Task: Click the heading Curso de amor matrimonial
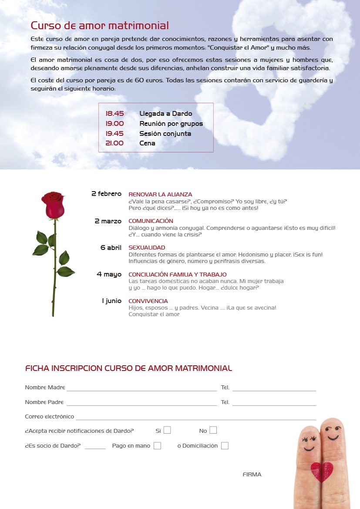point(100,26)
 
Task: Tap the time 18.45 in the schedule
point(114,114)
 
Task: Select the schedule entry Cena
point(147,143)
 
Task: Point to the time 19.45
point(114,134)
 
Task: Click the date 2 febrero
point(106,194)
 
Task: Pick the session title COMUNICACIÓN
point(151,221)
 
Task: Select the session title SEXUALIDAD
point(147,248)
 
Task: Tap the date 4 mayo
point(109,274)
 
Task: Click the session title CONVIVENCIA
point(148,301)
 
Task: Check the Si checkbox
point(167,430)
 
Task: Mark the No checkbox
point(213,430)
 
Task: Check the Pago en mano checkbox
point(157,445)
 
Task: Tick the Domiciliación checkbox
point(225,445)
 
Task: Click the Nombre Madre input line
point(141,388)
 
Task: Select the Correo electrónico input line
point(196,417)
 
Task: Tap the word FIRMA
point(252,475)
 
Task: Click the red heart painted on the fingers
point(322,472)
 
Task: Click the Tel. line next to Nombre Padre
point(274,402)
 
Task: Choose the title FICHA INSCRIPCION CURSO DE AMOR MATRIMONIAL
point(128,368)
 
